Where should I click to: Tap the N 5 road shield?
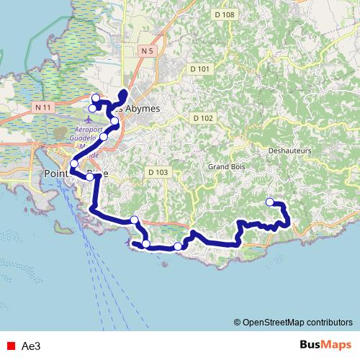(x=148, y=50)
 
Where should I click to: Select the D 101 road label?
(x=201, y=68)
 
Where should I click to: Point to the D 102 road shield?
(x=203, y=117)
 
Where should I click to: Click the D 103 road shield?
(x=158, y=172)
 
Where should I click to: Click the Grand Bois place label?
(x=223, y=166)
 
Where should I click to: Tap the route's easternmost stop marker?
(x=270, y=202)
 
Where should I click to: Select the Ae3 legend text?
(x=31, y=346)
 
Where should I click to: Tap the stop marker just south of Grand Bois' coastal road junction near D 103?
(x=134, y=220)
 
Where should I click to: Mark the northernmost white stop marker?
(x=96, y=98)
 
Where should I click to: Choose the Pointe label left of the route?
(x=57, y=174)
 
